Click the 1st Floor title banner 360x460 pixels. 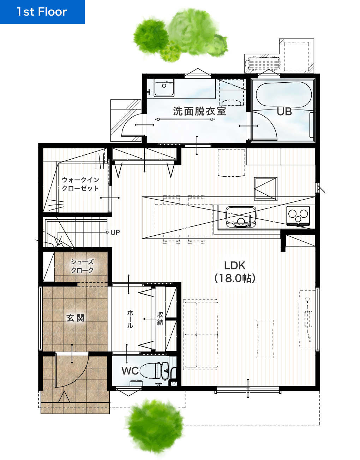click(42, 12)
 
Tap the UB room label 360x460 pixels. click(284, 112)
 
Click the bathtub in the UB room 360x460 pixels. click(284, 95)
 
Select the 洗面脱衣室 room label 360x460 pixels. click(199, 111)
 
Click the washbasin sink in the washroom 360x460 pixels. click(164, 88)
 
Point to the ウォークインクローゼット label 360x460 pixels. click(80, 184)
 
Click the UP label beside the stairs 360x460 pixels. click(115, 232)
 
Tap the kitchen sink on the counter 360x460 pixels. click(241, 217)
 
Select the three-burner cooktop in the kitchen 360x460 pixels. click(298, 216)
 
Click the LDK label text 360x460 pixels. click(235, 266)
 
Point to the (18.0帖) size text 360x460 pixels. click(235, 278)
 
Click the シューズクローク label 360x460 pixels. click(82, 266)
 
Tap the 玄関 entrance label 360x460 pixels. click(76, 318)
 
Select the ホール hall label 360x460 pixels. click(130, 319)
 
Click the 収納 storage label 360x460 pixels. click(160, 319)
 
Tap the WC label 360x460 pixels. click(130, 371)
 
